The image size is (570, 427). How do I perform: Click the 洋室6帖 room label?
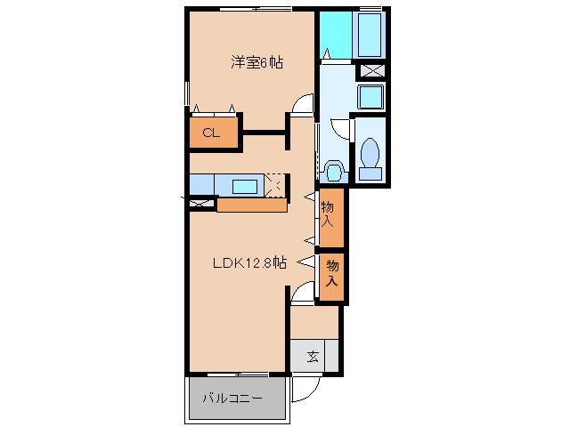257,62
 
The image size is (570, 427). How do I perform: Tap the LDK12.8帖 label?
249,262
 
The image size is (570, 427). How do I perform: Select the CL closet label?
211,133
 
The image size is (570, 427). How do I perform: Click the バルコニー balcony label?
232,399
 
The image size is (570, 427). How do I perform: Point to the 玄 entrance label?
313,357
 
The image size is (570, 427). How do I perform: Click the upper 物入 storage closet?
331,217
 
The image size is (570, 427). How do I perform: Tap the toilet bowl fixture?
370,158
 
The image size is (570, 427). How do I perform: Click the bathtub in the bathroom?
370,35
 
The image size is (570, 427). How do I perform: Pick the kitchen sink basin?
245,187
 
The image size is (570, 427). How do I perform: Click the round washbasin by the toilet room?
334,171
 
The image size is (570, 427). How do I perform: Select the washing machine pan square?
370,97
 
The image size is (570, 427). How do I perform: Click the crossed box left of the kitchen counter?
202,203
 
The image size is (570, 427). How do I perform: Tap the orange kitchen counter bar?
252,205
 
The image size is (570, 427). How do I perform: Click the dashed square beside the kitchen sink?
276,186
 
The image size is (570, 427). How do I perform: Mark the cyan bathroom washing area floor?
336,35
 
